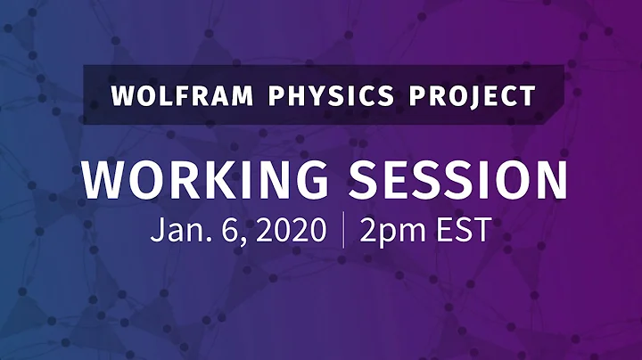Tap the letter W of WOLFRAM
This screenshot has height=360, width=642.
(x=121, y=95)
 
